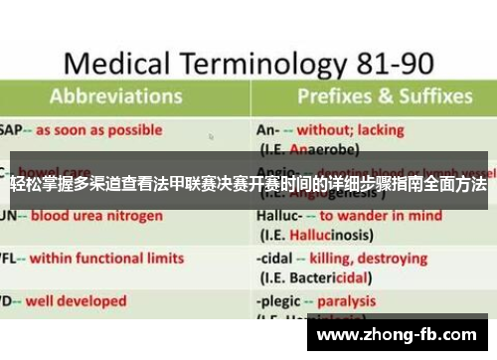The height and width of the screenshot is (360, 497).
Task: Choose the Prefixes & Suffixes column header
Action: (384, 96)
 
